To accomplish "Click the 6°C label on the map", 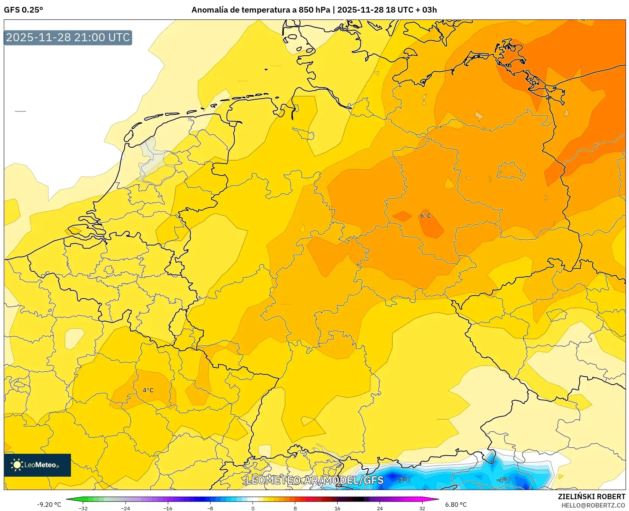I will coord(425,216).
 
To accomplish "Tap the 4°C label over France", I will coord(148,390).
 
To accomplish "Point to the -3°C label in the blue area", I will coord(403,480).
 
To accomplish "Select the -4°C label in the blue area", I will coord(503,480).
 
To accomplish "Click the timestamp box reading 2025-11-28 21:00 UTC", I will coord(68,37).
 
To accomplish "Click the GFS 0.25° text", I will coord(23,10).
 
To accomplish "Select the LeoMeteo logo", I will coord(37,465).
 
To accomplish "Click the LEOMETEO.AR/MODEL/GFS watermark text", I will coord(314,480).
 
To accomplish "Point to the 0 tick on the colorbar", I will coord(253,508).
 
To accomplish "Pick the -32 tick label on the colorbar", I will coord(83,508).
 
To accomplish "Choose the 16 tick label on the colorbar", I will coord(337,508).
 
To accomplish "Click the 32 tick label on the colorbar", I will coord(422,508).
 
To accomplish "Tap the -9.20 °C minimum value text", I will coord(49,505).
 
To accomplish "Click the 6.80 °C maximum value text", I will coord(456,505).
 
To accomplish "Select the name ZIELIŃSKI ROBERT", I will coord(592,496).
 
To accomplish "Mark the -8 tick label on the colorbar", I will coord(210,508).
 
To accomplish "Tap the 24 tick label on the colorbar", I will coord(380,508).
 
